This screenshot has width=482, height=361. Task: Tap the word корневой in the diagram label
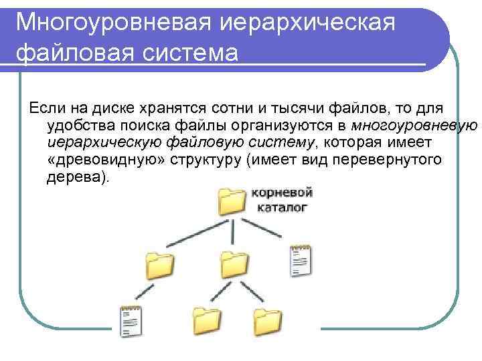point(282,193)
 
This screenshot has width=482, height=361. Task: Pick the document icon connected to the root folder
point(301,260)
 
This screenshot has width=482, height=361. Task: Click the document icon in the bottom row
point(130,320)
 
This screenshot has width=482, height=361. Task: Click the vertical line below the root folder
point(232,233)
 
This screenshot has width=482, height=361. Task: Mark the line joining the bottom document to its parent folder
point(143,291)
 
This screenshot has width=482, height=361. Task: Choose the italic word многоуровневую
point(414,126)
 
